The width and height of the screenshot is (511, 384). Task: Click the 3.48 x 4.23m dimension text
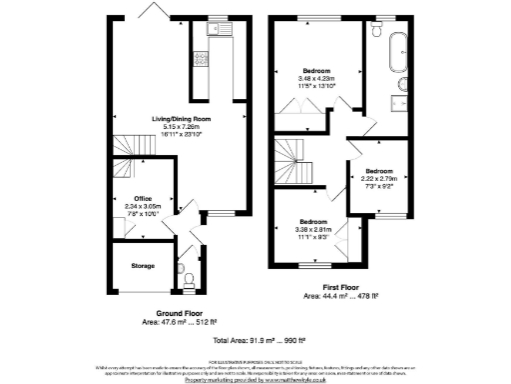click(x=316, y=79)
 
